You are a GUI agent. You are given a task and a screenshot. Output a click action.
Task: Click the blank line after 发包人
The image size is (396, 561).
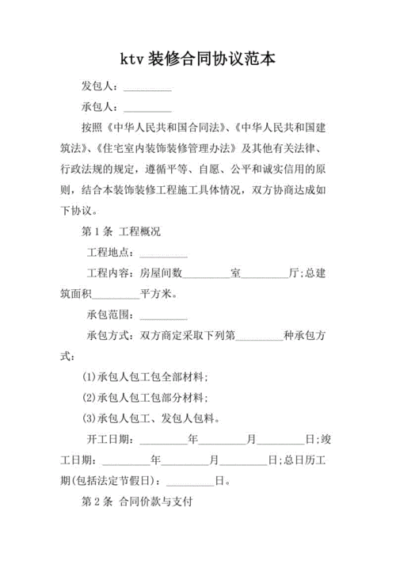[x=148, y=86]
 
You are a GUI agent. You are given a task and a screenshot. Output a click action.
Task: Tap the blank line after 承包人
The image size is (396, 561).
[x=148, y=106]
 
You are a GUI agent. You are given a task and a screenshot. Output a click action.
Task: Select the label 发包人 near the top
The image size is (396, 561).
[x=99, y=86]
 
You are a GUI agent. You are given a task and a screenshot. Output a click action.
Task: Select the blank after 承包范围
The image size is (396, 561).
[x=163, y=315]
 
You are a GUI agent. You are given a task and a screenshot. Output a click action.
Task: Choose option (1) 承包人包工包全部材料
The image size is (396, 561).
[x=146, y=376]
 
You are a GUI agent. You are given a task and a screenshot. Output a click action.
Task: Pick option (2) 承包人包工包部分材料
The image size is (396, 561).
[x=146, y=397]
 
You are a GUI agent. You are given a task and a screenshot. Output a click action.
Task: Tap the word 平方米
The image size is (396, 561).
[x=158, y=294]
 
